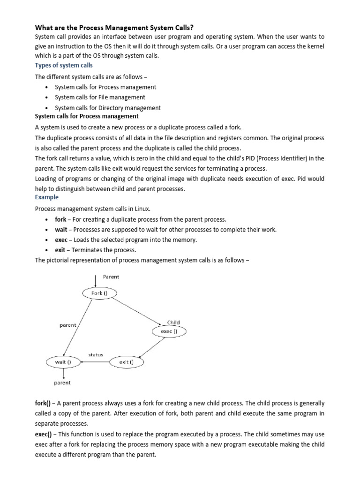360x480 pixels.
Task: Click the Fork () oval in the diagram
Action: [x=99, y=293]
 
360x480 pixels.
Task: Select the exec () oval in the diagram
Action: [x=169, y=331]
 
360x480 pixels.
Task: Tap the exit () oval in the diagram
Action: [x=127, y=362]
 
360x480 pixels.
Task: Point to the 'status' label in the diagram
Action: [x=96, y=354]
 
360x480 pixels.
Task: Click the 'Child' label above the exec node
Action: [x=173, y=322]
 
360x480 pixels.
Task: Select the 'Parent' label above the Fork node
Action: [x=111, y=277]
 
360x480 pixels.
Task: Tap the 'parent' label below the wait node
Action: [x=62, y=382]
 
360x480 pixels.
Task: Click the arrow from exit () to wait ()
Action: [x=95, y=362]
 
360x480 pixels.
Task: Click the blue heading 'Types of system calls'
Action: [x=64, y=65]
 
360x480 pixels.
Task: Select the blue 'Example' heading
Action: [x=47, y=197]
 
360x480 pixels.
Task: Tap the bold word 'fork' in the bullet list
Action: [x=60, y=219]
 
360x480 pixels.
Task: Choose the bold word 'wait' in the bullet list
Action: [x=61, y=230]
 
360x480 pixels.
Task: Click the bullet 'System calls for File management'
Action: [x=100, y=97]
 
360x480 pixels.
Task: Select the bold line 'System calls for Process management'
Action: [x=87, y=116]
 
